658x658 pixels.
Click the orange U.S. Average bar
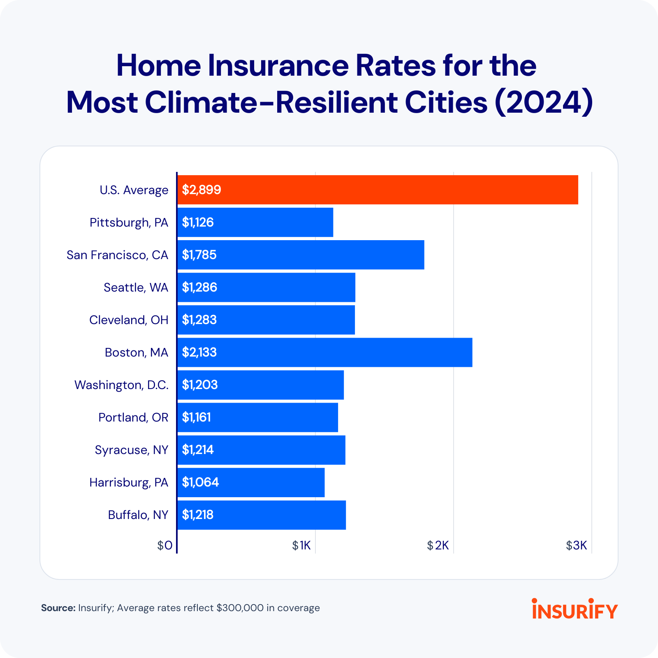tap(378, 190)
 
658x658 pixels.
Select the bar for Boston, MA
tap(325, 352)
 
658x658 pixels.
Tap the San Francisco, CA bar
tap(301, 255)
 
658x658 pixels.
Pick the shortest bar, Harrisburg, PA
tap(251, 482)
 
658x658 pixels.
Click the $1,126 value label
tap(198, 222)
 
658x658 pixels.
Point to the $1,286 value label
tap(199, 287)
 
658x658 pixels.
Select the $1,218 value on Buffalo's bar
tap(198, 515)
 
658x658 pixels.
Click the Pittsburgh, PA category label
tap(129, 222)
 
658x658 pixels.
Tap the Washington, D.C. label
tap(121, 385)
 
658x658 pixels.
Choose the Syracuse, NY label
tap(131, 450)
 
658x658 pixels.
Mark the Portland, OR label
tap(133, 417)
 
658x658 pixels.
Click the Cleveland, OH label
tap(129, 320)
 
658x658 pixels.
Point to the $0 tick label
tap(165, 546)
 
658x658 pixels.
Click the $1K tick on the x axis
tap(301, 546)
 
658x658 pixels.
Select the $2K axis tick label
tap(438, 546)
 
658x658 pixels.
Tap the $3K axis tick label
tap(576, 546)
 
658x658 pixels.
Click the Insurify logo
tap(575, 609)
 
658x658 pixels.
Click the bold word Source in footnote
tap(58, 608)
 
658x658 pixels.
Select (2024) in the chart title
tap(544, 102)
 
